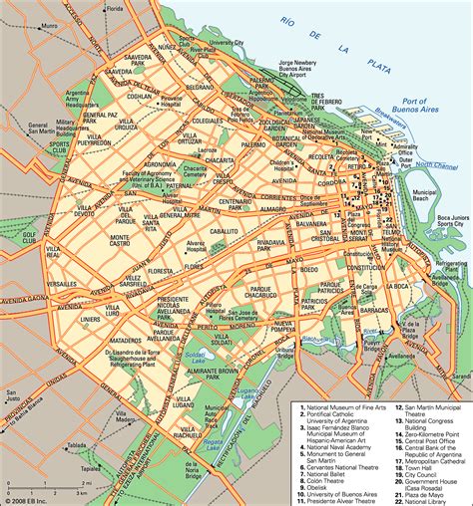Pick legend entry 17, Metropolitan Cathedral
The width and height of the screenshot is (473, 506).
coord(424,462)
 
